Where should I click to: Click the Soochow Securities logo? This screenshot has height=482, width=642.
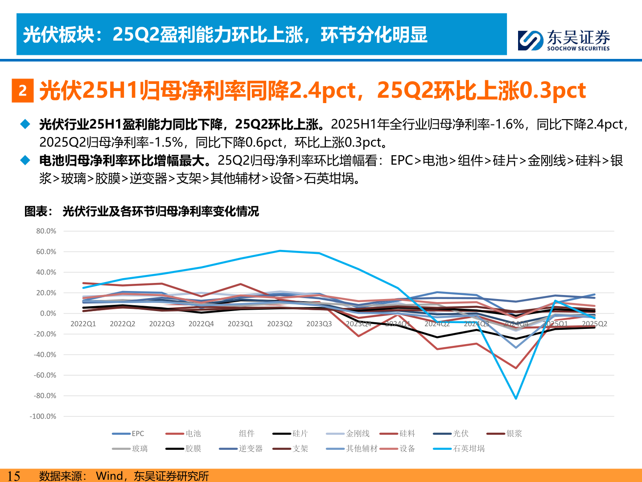coord(564,40)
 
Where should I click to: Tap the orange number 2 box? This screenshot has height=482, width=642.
coord(23,91)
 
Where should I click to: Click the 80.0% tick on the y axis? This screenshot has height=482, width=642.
coord(46,231)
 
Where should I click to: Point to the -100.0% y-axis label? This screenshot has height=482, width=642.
coord(43,416)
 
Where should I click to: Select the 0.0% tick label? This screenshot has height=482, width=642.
coord(48,314)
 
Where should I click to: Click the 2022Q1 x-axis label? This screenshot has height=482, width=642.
coord(83,324)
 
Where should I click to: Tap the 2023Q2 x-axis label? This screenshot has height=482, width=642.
coord(280,324)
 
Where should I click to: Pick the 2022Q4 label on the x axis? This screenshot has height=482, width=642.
coord(201,324)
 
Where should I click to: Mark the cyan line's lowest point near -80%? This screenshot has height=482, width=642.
coord(516,398)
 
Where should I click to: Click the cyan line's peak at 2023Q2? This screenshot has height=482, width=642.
coord(280,251)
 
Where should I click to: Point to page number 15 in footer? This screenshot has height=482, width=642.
coord(13,476)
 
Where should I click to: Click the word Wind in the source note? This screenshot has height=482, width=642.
coord(110,476)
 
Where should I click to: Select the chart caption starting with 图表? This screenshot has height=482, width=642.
coord(141,211)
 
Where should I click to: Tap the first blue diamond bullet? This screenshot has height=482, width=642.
coord(25,124)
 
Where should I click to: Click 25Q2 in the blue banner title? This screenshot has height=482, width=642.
coord(136,35)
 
